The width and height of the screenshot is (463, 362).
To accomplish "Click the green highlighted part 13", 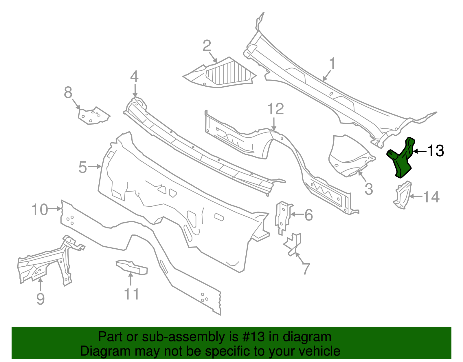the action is coord(400,158).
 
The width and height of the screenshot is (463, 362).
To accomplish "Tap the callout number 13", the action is coord(436,151).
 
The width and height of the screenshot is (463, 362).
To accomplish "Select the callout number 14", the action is coord(431,197).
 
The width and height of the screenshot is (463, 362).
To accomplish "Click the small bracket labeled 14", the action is coord(402,195).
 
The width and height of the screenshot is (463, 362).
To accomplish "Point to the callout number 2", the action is coord(207,46).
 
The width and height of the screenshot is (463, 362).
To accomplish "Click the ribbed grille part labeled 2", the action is coord(220,72).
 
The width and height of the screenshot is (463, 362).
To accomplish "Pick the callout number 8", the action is coord(68,93).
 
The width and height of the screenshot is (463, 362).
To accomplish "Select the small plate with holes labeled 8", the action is coord(94,115).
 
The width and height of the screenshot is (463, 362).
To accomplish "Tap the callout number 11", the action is coord(131,294).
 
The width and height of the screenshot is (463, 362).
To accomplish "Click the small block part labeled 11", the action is coord(132,267).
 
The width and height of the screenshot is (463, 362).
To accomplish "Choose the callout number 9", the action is coord(41,299).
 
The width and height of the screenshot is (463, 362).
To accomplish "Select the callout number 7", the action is coord(306,269).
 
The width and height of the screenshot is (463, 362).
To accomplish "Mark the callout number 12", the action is coord(275,109).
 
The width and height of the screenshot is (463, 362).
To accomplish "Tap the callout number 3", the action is coord(369,189).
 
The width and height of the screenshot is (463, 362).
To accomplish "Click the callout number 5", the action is coord(83,167).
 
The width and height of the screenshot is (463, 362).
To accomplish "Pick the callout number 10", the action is coord(40,210).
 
